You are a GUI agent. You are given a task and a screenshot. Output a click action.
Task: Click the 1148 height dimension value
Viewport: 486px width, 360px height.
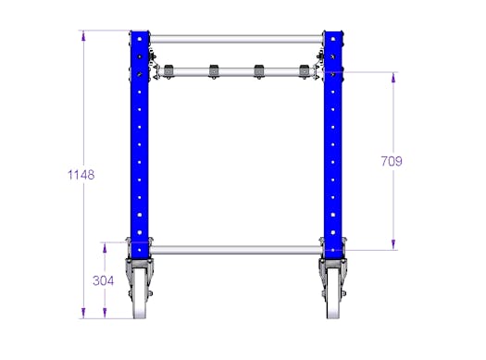pos(81,175)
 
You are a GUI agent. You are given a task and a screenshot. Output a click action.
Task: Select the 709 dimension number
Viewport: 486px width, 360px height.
pos(392,161)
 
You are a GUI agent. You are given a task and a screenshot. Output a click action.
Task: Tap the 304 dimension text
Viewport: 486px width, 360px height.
pos(103,280)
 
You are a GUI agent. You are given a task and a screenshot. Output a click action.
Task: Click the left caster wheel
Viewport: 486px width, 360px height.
pos(139,292)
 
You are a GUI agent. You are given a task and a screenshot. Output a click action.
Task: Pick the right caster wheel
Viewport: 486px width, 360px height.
pos(333,292)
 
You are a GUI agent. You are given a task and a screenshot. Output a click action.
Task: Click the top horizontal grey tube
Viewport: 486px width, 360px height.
pos(236,40)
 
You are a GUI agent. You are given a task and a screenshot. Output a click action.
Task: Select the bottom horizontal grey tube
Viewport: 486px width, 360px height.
pos(236,250)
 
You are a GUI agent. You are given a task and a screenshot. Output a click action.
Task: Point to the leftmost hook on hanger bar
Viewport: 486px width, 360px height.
pos(168,71)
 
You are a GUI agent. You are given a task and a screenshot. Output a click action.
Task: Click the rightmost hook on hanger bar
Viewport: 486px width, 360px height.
pos(304,71)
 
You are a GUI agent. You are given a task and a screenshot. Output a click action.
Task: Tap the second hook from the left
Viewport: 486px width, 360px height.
pos(214,71)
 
